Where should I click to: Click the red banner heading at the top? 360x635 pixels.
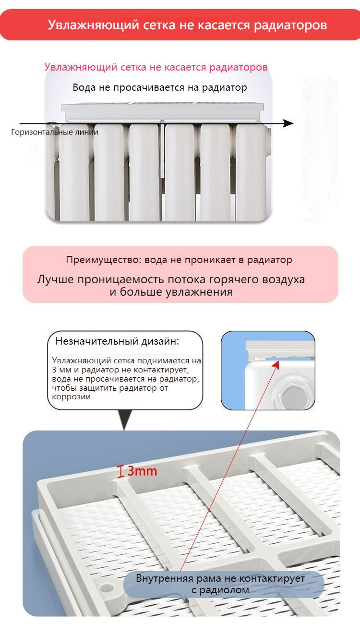[187, 25]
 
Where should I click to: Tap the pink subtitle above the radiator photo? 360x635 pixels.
[156, 67]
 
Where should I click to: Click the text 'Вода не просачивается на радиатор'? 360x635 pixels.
[160, 88]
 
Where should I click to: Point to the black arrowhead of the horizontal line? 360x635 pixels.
[288, 123]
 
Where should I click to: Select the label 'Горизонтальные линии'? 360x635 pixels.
[54, 132]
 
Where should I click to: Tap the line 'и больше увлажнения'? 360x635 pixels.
[171, 292]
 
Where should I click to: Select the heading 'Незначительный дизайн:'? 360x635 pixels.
[118, 341]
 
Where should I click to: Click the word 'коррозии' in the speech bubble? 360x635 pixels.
[71, 397]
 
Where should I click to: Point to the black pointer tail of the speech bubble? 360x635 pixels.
[125, 420]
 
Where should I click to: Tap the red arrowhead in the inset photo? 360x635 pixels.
[277, 365]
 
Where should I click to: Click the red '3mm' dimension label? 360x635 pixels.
[142, 471]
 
